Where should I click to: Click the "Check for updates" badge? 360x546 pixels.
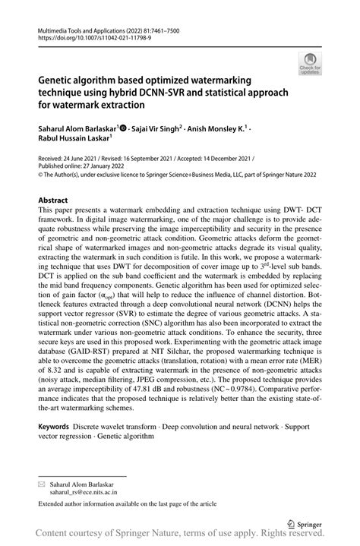(310, 66)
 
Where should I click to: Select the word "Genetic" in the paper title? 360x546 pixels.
(58, 79)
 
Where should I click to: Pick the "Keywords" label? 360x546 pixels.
(56, 427)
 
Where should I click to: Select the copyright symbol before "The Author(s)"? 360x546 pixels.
(40, 174)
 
